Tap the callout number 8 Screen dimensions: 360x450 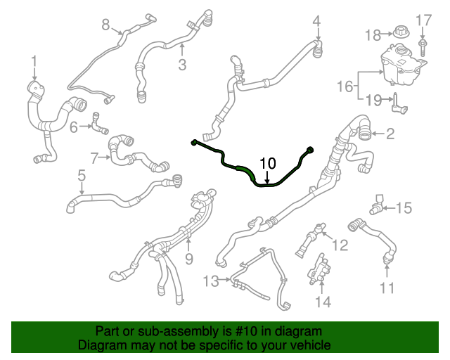point(106,25)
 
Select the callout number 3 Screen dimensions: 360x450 point(182,65)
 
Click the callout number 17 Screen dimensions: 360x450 point(423,19)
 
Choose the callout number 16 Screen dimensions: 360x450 point(345,86)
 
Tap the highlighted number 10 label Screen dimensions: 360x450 point(268,164)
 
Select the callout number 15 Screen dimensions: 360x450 point(404,208)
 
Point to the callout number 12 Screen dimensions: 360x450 point(340,245)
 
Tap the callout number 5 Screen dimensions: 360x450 point(82,174)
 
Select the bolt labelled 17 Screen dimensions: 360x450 point(423,48)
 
